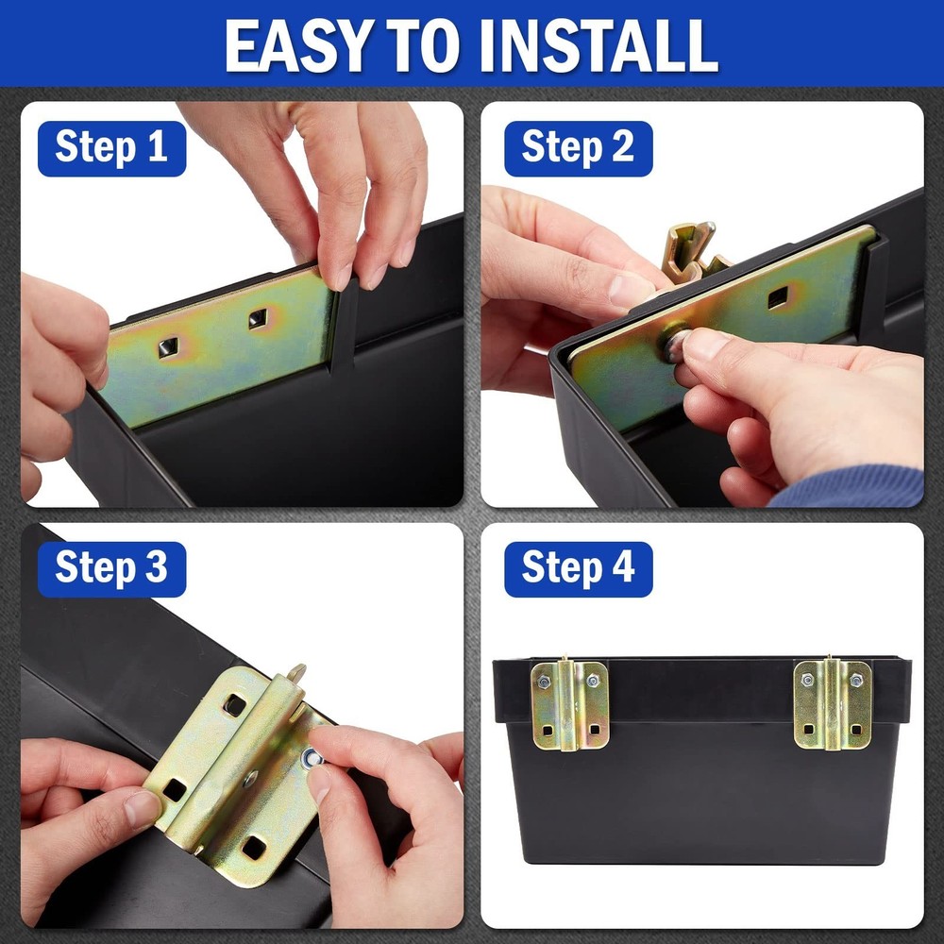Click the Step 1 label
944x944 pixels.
pyautogui.click(x=111, y=148)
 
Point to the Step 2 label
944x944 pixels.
pyautogui.click(x=578, y=148)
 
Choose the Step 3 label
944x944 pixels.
pyautogui.click(x=111, y=568)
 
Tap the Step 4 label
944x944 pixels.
pyautogui.click(x=578, y=568)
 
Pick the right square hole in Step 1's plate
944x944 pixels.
pyautogui.click(x=258, y=319)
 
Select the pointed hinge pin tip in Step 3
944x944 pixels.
pyautogui.click(x=297, y=673)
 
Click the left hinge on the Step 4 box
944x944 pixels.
pyautogui.click(x=569, y=704)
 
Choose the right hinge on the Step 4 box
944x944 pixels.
pyautogui.click(x=831, y=704)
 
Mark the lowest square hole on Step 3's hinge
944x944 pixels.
pyautogui.click(x=254, y=847)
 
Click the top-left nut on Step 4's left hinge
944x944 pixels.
pyautogui.click(x=544, y=681)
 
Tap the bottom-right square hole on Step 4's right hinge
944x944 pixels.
pyautogui.click(x=854, y=730)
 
